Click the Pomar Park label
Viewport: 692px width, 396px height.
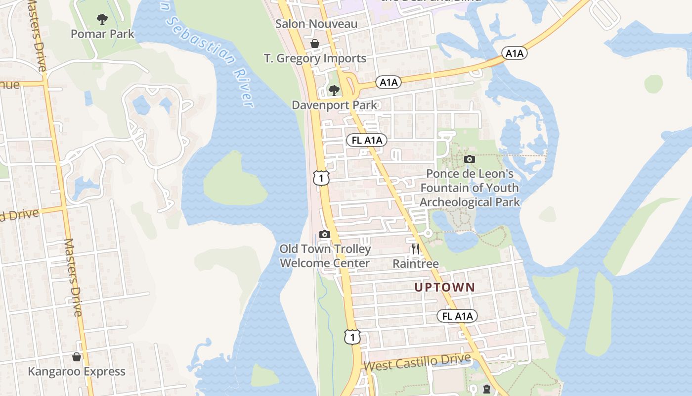point(102,34)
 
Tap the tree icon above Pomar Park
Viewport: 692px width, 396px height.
point(102,20)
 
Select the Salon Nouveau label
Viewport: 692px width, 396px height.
point(316,24)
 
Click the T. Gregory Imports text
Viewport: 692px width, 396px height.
point(315,58)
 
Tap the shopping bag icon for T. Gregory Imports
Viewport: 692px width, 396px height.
point(315,44)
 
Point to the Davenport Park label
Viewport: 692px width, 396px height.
point(334,105)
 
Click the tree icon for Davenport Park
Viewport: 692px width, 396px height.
point(334,90)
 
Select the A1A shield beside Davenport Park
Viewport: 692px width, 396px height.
point(389,82)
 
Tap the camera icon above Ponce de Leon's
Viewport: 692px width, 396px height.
point(470,159)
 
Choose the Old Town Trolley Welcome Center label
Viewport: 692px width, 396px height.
point(325,256)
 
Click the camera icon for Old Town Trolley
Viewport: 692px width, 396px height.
point(325,234)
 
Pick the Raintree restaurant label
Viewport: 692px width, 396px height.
point(416,264)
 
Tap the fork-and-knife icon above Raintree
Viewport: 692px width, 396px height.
point(416,248)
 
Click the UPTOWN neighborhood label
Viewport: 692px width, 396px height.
point(444,287)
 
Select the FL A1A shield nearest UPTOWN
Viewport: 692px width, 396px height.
point(457,316)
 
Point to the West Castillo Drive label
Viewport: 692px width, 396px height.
point(418,362)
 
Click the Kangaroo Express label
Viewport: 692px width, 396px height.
point(77,372)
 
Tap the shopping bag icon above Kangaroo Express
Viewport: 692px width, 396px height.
point(77,357)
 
